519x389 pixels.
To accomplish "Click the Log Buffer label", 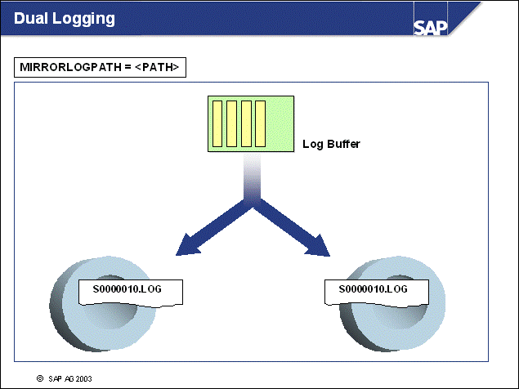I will [331, 144].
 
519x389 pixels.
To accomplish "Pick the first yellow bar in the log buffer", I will [218, 123].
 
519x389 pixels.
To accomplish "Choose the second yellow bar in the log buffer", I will [232, 123].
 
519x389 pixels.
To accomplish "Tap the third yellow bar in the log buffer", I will [246, 123].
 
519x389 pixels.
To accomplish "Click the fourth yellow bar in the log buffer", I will [260, 123].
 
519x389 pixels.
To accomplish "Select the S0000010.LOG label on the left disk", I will [130, 289].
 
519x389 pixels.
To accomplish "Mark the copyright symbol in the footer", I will [38, 378].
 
